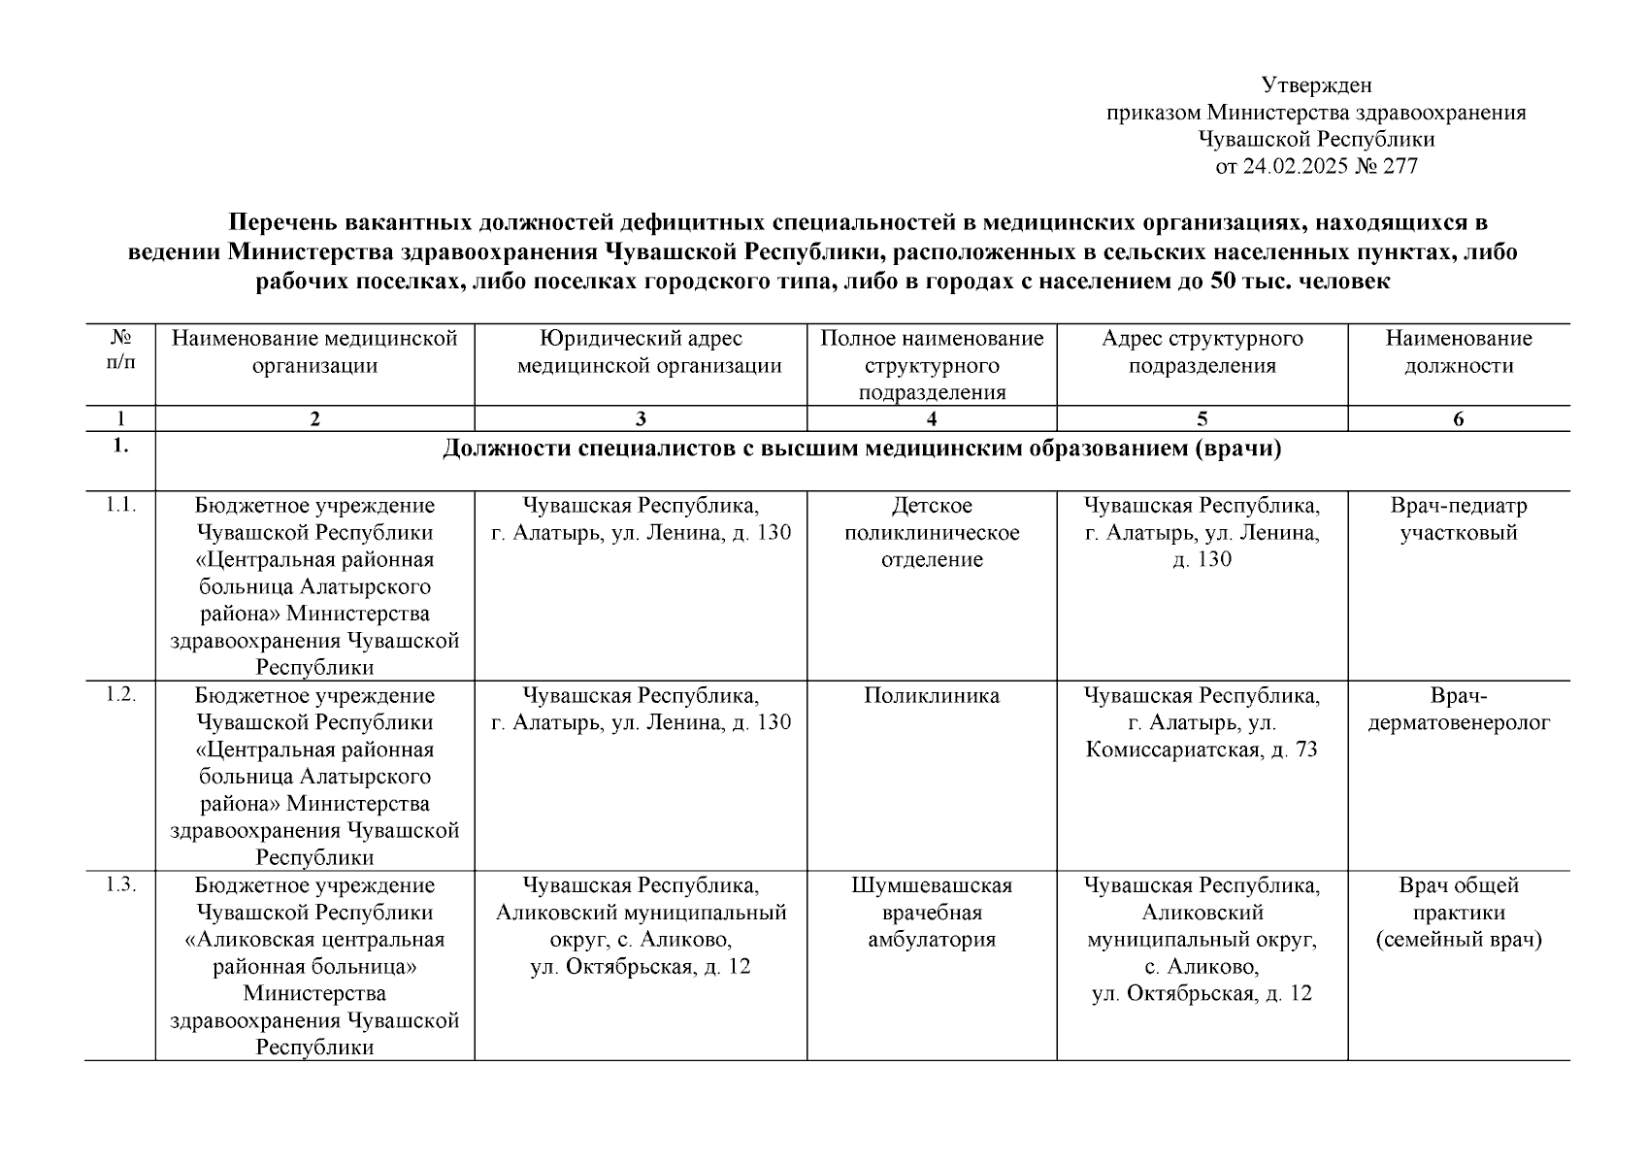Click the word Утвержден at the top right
click(x=1316, y=85)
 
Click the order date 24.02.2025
click(x=1296, y=166)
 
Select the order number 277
click(x=1400, y=166)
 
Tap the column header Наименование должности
click(x=1458, y=352)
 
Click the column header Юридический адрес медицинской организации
click(x=641, y=352)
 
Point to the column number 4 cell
click(x=932, y=419)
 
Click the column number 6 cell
click(x=1458, y=419)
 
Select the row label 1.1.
click(x=119, y=505)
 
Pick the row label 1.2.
click(x=119, y=695)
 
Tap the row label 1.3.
click(x=119, y=885)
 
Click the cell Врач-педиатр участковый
click(x=1458, y=519)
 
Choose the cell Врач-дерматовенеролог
click(x=1458, y=710)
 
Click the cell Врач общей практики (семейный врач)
click(x=1458, y=913)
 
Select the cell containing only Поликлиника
click(x=932, y=696)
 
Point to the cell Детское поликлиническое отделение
click(x=932, y=532)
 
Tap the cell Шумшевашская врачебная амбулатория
click(x=932, y=913)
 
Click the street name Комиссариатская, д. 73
click(x=1202, y=750)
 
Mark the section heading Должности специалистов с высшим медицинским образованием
click(x=862, y=449)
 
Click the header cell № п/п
click(x=119, y=351)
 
